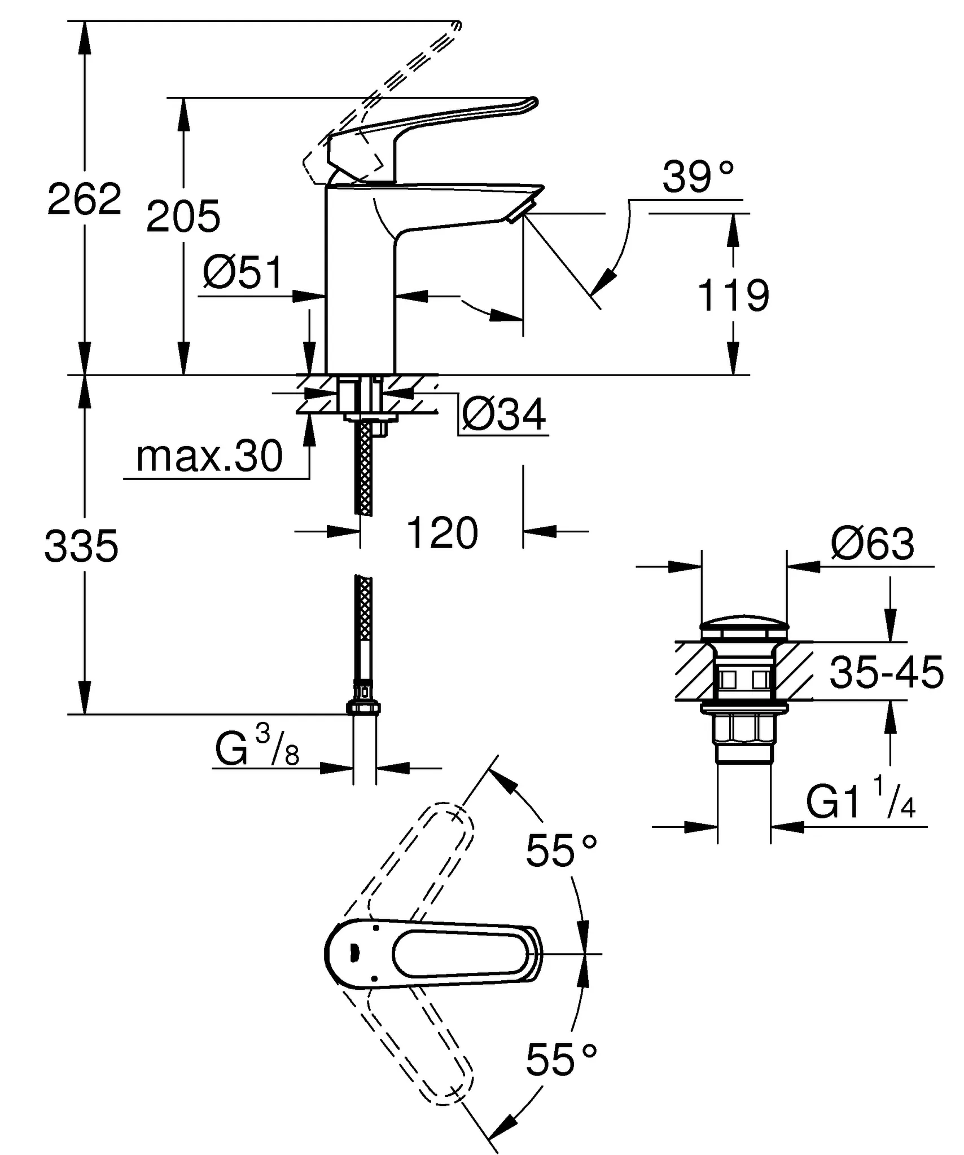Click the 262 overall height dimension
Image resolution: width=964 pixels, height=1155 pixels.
(x=84, y=199)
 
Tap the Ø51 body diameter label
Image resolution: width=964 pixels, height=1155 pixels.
(x=243, y=273)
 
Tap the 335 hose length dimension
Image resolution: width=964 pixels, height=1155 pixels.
(x=81, y=546)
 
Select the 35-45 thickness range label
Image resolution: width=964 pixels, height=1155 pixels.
(x=886, y=672)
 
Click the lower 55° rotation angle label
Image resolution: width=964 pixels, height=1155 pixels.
(x=560, y=1060)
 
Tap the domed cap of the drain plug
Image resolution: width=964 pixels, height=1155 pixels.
(x=743, y=624)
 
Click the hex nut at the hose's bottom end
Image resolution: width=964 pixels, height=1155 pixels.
(x=363, y=708)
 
